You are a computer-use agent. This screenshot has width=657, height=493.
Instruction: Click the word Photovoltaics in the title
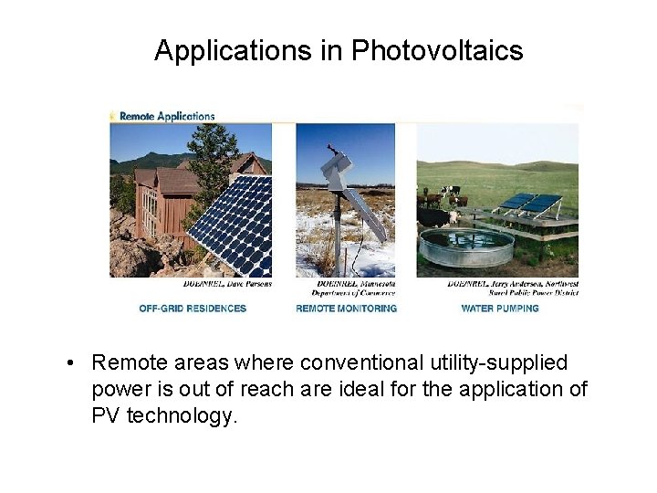(437, 50)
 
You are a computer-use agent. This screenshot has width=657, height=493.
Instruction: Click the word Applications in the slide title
(233, 50)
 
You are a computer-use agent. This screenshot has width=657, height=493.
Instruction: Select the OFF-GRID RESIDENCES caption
(193, 309)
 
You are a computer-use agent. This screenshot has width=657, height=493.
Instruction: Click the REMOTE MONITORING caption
(346, 309)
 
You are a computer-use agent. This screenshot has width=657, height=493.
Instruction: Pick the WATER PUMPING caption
(499, 309)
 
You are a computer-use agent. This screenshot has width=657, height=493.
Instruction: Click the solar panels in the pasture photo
(529, 205)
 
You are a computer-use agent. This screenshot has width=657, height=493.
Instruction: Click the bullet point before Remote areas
(70, 363)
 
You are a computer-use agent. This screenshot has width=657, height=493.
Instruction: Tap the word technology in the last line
(181, 416)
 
